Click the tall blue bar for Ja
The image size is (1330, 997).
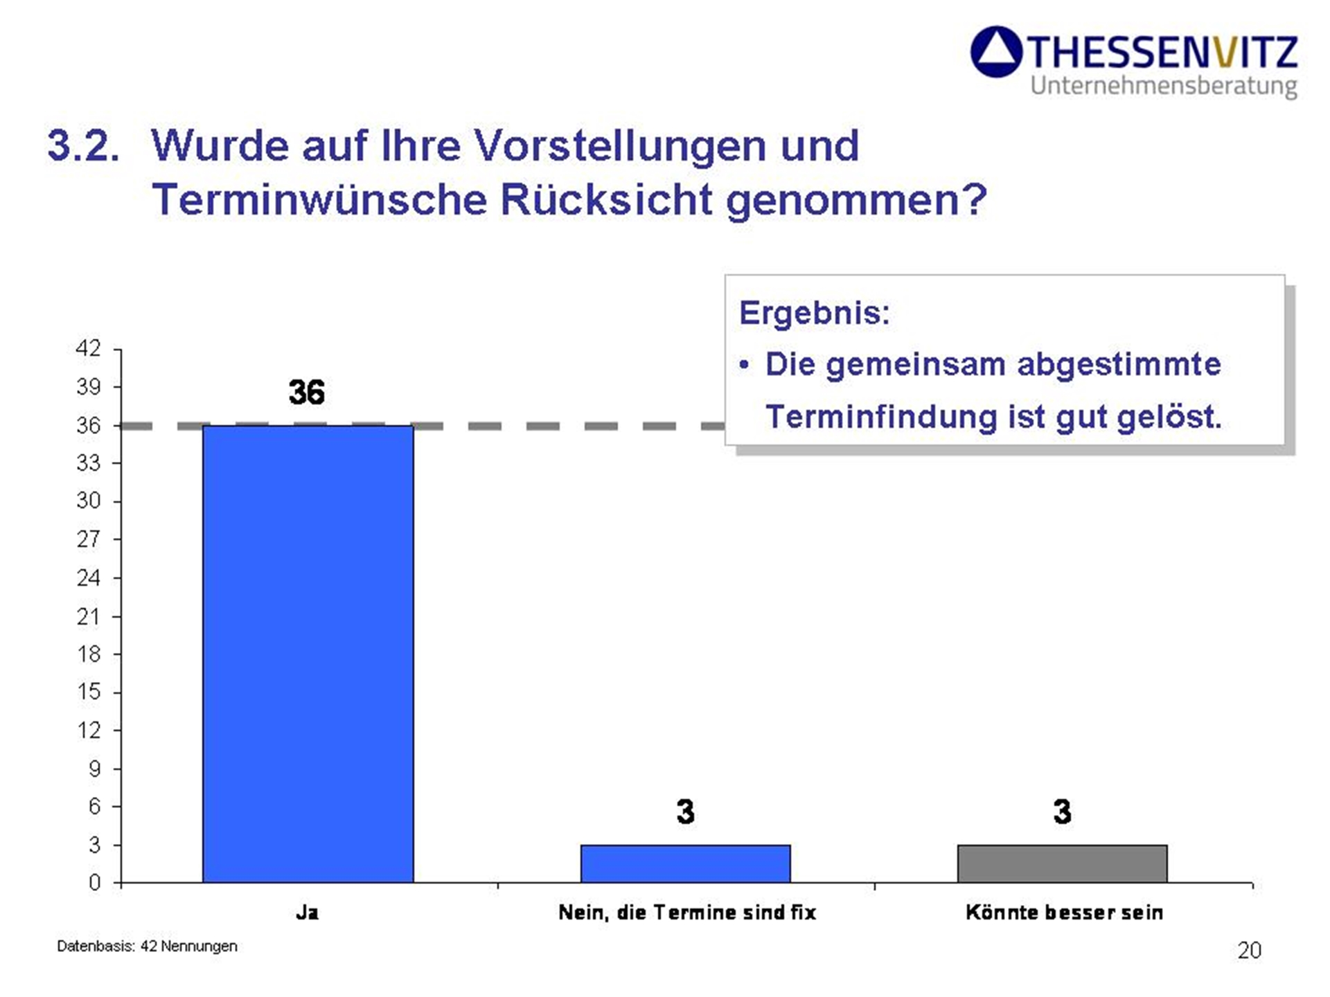[308, 654]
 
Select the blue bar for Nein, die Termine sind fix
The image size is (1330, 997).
[685, 863]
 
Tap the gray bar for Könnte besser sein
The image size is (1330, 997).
[1062, 863]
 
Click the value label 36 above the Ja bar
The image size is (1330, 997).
[306, 393]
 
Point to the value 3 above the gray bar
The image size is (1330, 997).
[1062, 811]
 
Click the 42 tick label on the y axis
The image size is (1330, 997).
[88, 348]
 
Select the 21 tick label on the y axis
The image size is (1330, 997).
[88, 616]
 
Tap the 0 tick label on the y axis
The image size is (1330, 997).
[94, 883]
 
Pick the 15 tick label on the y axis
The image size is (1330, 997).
[88, 692]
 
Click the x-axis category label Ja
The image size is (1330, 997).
[307, 913]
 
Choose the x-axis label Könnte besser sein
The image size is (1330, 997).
[1064, 913]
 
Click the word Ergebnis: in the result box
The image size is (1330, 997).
[814, 313]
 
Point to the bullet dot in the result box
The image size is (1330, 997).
[744, 365]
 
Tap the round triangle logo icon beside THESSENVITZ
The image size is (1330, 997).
[996, 52]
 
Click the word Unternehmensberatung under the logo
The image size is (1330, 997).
[1163, 86]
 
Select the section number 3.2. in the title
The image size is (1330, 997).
[83, 146]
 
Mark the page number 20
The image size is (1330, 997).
[1249, 951]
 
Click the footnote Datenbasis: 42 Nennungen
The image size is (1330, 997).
[147, 946]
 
